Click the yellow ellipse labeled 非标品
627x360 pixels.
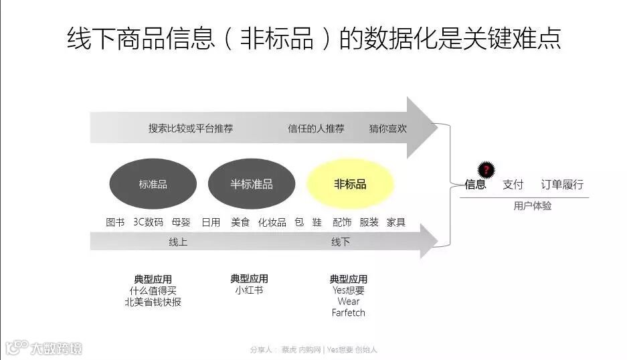coord(350,184)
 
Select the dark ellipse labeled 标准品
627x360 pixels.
coord(153,184)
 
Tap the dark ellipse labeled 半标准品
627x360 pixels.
coord(252,184)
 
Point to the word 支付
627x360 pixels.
coord(513,185)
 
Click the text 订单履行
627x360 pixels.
coord(562,185)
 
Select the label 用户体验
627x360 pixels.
coord(533,206)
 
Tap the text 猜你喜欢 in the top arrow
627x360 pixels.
coord(388,128)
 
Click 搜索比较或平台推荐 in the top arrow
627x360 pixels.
coord(191,128)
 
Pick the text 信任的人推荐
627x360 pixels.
coord(316,128)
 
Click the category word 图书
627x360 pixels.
coord(115,222)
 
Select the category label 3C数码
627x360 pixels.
coord(148,222)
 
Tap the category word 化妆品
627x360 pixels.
coord(272,222)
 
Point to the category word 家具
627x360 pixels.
coord(396,222)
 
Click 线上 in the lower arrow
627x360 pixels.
coord(178,242)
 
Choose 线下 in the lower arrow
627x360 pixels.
coord(341,242)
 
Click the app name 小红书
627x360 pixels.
coord(249,290)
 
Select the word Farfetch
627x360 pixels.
coord(349,312)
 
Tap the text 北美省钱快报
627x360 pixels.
coord(153,302)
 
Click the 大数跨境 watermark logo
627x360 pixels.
coord(44,348)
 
